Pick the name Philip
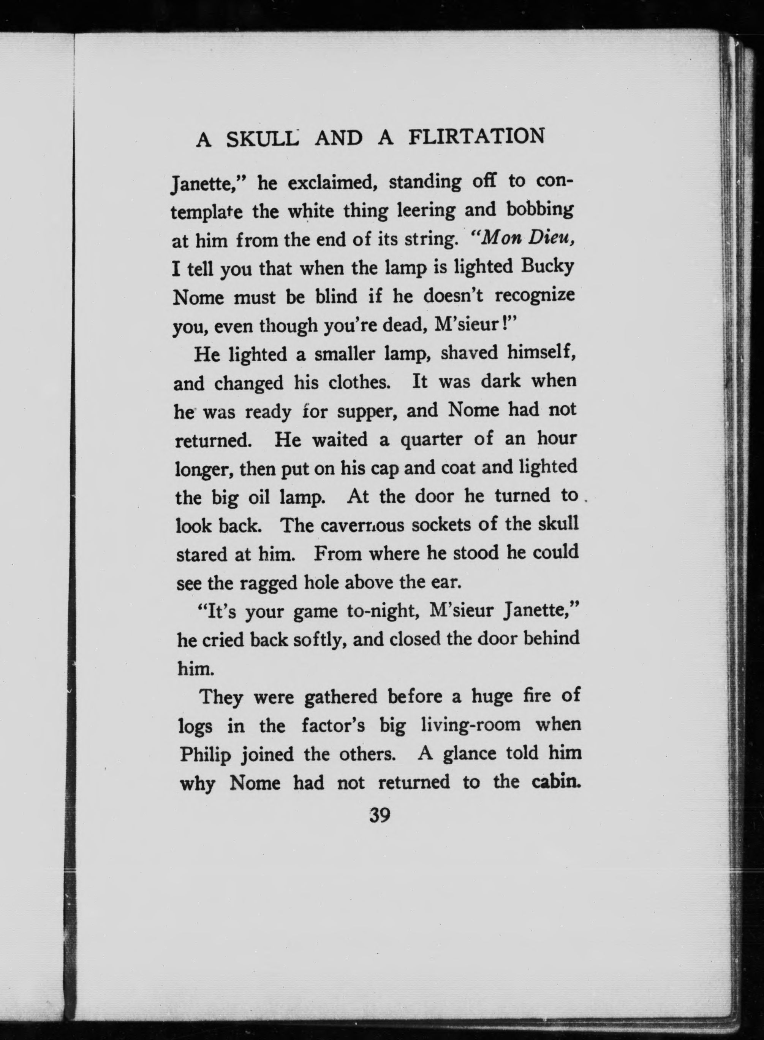205,755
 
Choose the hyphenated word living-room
471,725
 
